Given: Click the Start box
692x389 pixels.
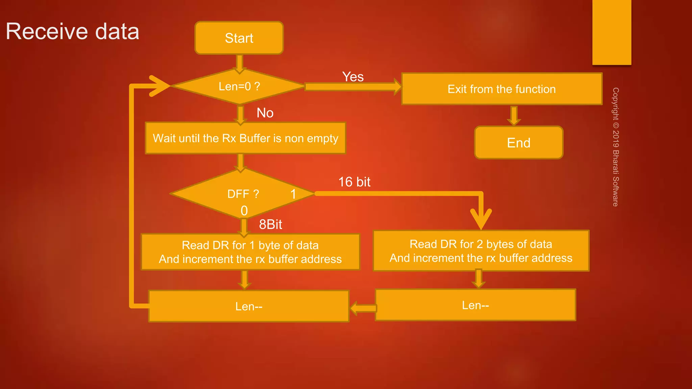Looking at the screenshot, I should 239,38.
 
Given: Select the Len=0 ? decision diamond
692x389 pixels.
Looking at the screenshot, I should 239,86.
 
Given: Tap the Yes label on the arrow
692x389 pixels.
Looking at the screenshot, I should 353,77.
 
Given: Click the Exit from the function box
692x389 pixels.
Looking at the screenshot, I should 501,89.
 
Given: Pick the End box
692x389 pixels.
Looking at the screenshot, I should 519,143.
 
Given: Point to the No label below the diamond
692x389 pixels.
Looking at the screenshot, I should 265,113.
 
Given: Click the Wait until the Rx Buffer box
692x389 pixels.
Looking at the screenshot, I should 245,138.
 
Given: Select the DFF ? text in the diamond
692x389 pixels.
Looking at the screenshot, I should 243,194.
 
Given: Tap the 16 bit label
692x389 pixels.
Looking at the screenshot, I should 354,182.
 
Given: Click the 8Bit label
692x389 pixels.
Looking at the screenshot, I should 270,224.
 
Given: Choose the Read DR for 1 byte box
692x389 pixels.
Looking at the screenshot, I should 250,252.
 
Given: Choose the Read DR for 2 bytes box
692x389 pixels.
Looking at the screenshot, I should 481,251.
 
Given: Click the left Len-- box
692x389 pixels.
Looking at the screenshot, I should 249,306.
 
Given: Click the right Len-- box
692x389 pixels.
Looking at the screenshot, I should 475,305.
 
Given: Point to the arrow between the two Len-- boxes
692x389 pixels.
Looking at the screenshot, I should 363,308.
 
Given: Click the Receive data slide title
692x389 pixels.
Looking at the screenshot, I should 72,31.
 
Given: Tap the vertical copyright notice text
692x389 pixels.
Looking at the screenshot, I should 616,147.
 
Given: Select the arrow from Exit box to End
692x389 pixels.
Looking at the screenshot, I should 514,116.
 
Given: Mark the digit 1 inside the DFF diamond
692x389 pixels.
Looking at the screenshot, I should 293,194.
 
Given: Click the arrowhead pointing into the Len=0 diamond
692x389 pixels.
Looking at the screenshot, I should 159,86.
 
